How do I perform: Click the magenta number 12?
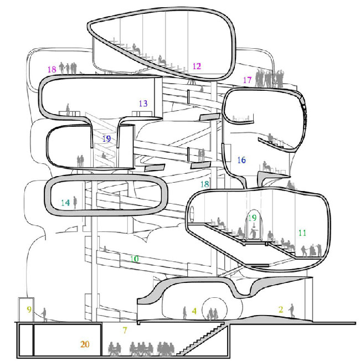(197, 66)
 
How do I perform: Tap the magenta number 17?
(248, 80)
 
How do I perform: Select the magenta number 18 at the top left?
(52, 69)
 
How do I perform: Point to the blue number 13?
(143, 104)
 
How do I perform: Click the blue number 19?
(107, 138)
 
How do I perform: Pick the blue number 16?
(241, 160)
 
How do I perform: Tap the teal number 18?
(205, 184)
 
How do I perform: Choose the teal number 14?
(65, 203)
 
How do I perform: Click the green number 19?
(252, 218)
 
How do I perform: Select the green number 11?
(302, 233)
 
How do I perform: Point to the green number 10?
(135, 259)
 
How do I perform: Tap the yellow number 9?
(29, 309)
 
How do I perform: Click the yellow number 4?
(194, 311)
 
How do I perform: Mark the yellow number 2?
(281, 310)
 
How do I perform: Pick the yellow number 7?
(125, 331)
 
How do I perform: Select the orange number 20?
(85, 344)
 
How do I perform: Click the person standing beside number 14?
(75, 203)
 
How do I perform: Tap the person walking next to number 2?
(291, 311)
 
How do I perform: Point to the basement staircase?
(200, 339)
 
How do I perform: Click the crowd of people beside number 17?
(270, 78)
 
